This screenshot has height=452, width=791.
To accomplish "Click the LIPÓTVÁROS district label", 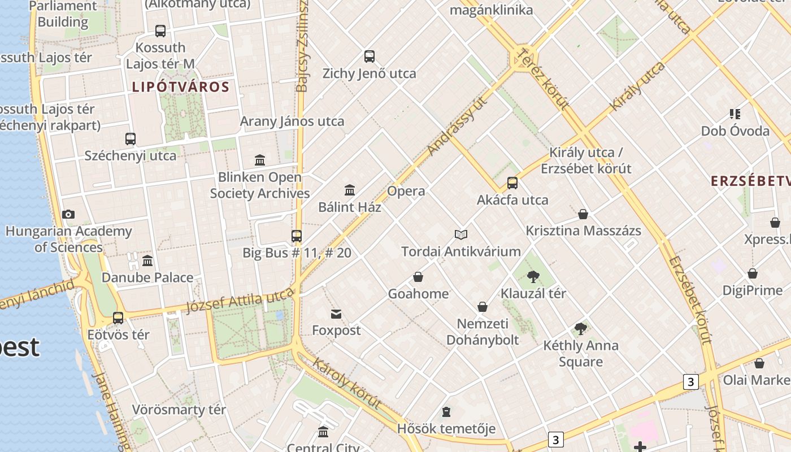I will pyautogui.click(x=181, y=87).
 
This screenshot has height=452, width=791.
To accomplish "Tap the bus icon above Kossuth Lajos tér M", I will pyautogui.click(x=160, y=31).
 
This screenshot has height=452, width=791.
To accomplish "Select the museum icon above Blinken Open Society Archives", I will pyautogui.click(x=260, y=160).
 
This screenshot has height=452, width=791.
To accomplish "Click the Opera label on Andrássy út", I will pyautogui.click(x=406, y=191).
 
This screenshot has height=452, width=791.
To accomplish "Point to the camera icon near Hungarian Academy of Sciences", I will pyautogui.click(x=68, y=214).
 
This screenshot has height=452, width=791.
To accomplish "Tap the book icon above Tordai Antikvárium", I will pyautogui.click(x=461, y=234).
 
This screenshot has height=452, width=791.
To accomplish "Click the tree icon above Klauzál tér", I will pyautogui.click(x=533, y=276).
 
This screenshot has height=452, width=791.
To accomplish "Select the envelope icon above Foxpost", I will pyautogui.click(x=336, y=314).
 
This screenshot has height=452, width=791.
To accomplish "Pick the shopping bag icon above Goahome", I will pyautogui.click(x=418, y=277).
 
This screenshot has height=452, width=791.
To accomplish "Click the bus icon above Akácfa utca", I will pyautogui.click(x=512, y=183).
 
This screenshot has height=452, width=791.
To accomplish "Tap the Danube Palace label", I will pyautogui.click(x=147, y=277).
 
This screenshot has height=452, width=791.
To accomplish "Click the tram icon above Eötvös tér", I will pyautogui.click(x=118, y=318).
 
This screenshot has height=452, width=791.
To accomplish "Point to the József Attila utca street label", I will pyautogui.click(x=240, y=301).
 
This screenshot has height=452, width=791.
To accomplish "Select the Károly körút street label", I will pyautogui.click(x=346, y=383).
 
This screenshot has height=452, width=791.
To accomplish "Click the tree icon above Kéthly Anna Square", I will pyautogui.click(x=580, y=328).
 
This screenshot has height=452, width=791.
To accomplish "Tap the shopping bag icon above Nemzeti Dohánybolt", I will pyautogui.click(x=483, y=307).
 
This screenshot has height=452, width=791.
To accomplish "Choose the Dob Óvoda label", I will pyautogui.click(x=735, y=131).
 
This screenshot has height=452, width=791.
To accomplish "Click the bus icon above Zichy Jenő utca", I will pyautogui.click(x=370, y=56).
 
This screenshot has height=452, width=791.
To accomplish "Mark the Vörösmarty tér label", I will pyautogui.click(x=179, y=409).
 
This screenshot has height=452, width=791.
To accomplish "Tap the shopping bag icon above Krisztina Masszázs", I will pyautogui.click(x=583, y=214).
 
